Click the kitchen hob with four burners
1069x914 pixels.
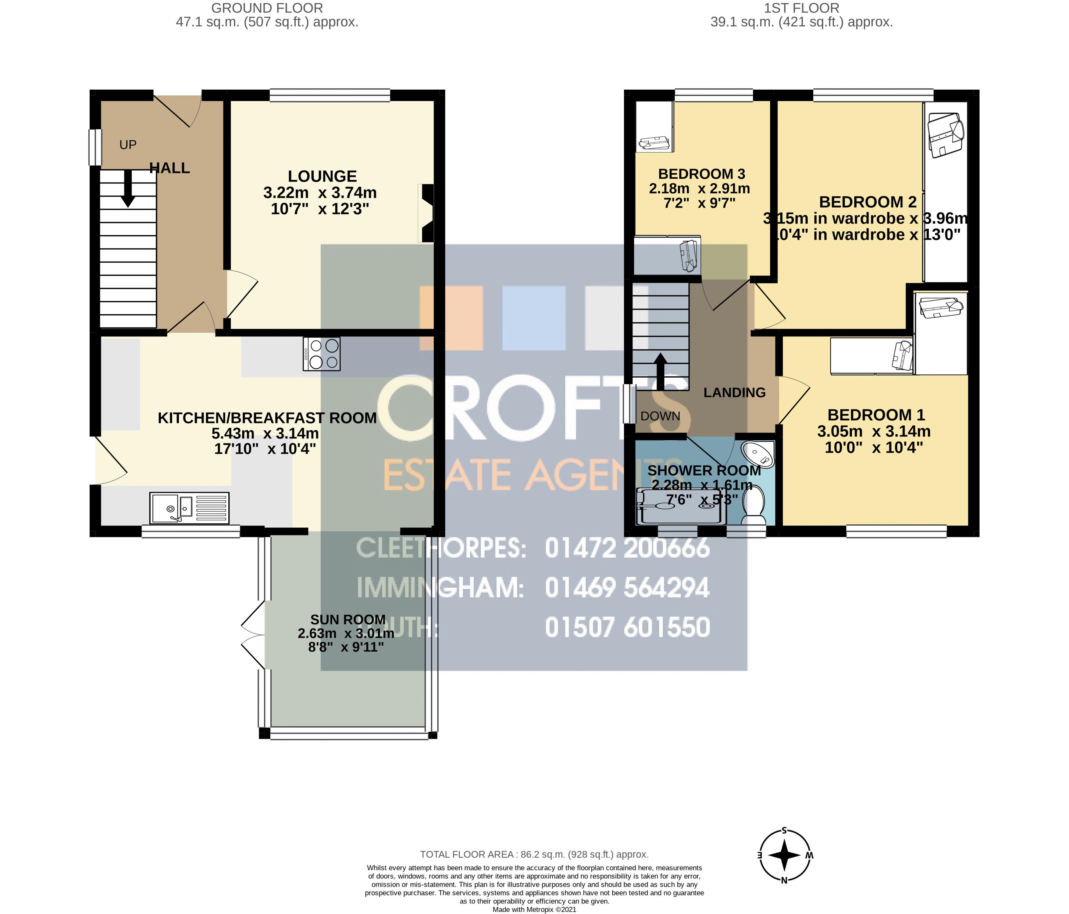tap(321, 354)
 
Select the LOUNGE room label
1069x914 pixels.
tap(322, 177)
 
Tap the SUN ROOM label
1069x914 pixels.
tap(348, 619)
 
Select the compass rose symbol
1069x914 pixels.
tap(784, 855)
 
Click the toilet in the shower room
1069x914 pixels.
tap(754, 503)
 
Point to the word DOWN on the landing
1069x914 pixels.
tap(660, 416)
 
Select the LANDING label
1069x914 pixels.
tap(734, 393)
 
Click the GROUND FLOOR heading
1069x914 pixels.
tap(267, 8)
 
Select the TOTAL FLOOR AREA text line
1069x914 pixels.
tap(534, 854)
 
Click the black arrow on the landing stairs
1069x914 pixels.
tap(660, 370)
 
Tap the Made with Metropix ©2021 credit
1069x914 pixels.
tap(534, 909)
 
